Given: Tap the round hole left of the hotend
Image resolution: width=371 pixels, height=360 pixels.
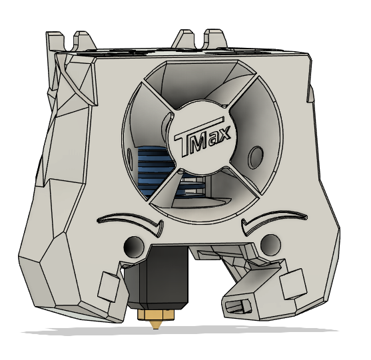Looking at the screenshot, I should [x=133, y=246].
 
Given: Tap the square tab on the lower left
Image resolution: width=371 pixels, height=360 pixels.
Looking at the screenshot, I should [x=107, y=286].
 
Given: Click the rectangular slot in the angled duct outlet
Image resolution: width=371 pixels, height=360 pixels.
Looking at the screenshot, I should [x=240, y=305].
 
